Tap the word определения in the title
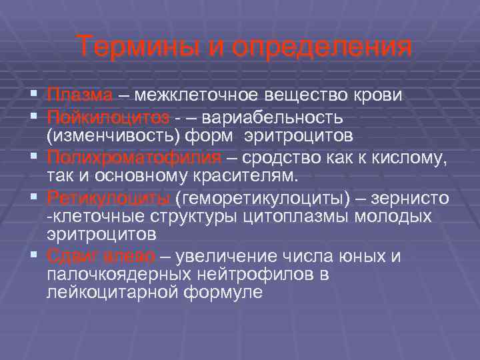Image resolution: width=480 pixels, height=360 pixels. coord(318,47)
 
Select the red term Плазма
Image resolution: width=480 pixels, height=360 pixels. coord(80,95)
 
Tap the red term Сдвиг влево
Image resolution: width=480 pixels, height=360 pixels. coord(101,256)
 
